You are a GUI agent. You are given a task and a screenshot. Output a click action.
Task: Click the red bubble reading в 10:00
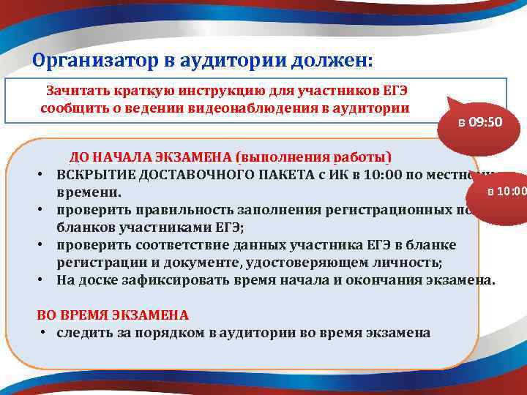click(507, 192)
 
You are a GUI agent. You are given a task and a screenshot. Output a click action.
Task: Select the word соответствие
click(178, 244)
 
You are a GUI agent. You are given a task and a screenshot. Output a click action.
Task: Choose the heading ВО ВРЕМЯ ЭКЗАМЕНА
click(113, 315)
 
